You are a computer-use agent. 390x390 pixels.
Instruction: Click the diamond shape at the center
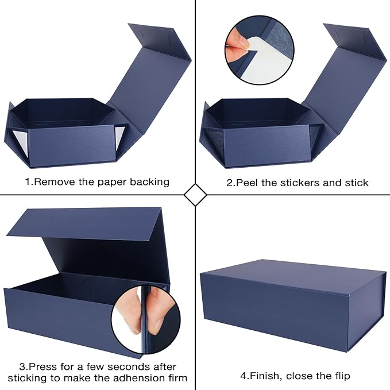(x=195, y=195)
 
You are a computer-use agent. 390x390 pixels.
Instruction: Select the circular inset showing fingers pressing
(x=145, y=319)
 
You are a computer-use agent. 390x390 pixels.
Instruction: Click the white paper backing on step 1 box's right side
(x=119, y=137)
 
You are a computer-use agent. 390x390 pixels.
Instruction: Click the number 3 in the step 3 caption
(x=22, y=366)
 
